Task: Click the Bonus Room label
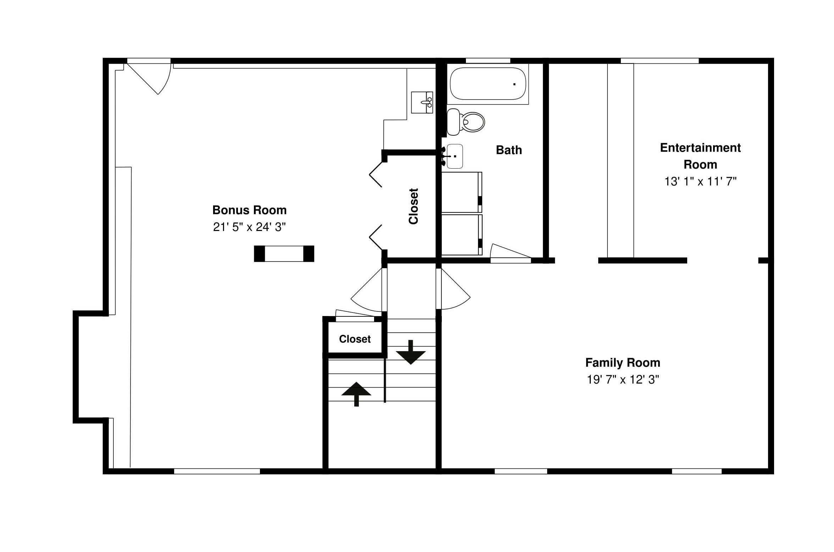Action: tap(249, 210)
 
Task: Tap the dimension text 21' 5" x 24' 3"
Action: tap(249, 227)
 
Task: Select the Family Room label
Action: tap(623, 363)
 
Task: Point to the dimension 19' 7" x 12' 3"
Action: tap(623, 380)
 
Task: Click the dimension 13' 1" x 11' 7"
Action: tap(700, 182)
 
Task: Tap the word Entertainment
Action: tap(700, 148)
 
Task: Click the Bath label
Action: tap(509, 150)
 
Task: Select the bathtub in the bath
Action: tap(488, 84)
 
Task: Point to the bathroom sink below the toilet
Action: tap(455, 156)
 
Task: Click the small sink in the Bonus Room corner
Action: tap(422, 102)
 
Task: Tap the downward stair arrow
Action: tap(411, 353)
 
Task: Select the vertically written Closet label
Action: tap(413, 206)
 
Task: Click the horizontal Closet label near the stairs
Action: tap(355, 339)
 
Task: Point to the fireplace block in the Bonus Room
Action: tap(284, 254)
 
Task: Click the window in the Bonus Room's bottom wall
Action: tap(217, 471)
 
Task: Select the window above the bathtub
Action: tap(488, 61)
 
